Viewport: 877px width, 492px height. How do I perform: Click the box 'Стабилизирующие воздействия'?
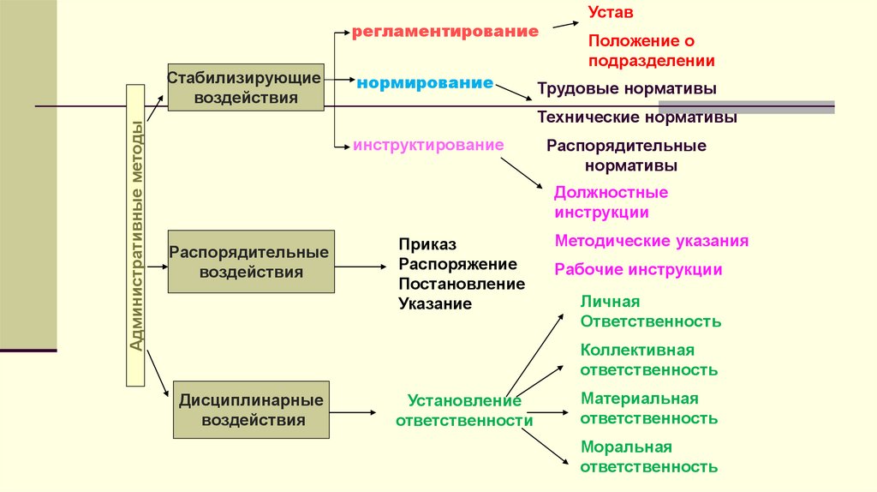click(245, 87)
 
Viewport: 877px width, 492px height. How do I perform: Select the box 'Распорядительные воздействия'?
click(251, 262)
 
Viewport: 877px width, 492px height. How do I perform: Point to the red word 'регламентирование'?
click(445, 32)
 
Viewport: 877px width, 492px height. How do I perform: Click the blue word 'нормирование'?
click(425, 83)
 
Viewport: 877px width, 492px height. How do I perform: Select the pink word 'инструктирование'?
click(428, 145)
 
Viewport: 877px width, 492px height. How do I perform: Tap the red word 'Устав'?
click(611, 14)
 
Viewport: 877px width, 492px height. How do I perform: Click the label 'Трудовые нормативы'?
click(627, 88)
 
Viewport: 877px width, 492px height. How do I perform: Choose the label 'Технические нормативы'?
click(637, 117)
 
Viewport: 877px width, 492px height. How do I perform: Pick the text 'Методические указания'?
click(651, 241)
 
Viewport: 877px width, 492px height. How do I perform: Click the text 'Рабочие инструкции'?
click(638, 269)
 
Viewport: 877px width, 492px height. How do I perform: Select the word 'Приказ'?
click(427, 244)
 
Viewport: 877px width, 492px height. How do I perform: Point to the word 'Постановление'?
click(462, 283)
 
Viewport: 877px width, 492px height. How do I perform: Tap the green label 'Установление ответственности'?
click(463, 411)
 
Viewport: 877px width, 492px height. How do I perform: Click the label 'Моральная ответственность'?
click(648, 457)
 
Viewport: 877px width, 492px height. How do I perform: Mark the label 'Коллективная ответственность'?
click(648, 360)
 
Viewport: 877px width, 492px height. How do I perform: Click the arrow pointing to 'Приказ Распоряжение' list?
click(360, 267)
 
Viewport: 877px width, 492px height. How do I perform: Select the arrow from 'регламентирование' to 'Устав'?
click(564, 22)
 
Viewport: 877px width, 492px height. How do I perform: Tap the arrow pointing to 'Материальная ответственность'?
click(549, 412)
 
